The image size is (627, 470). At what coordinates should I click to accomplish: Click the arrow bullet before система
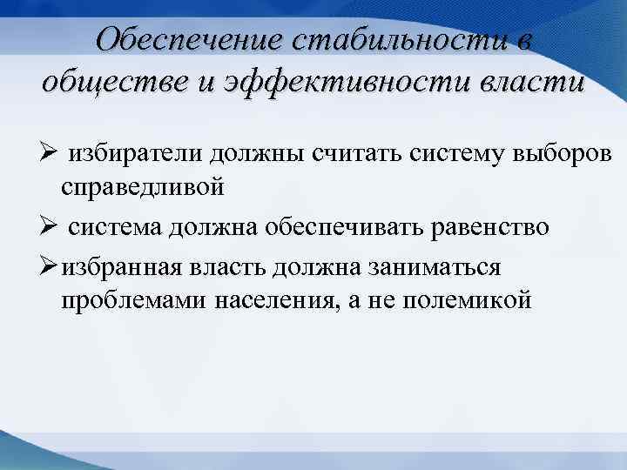pos(49,227)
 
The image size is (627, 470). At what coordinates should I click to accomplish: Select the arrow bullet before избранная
pos(49,264)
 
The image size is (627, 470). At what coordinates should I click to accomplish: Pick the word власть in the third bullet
pos(223,265)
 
